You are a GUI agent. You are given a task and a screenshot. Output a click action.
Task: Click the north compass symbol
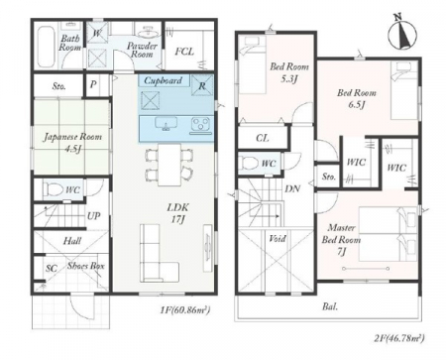point(402,33)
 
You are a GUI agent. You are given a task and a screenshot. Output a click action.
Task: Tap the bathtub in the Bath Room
point(46,47)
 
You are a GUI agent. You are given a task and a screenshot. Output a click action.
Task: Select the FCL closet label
point(184,52)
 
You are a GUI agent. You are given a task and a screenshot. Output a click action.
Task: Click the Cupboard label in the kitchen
point(164,80)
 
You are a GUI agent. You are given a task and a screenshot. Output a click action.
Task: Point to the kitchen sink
point(166,124)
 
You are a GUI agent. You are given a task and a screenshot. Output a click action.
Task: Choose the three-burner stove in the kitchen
point(200,126)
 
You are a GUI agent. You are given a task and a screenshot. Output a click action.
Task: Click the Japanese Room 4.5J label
point(72,142)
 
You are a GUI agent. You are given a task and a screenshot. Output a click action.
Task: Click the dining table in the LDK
point(168,165)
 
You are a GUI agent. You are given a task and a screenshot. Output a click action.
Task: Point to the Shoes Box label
point(86,266)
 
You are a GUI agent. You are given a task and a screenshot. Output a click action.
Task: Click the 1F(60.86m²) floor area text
point(185,310)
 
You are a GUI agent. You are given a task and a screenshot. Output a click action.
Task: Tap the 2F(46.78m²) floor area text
point(399,338)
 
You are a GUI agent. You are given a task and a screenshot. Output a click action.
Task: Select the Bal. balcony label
point(330,306)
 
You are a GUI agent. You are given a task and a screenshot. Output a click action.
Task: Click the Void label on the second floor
point(278,238)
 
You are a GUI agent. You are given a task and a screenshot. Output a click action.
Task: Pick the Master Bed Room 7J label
point(341,240)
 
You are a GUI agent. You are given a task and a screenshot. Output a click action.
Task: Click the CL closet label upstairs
point(263,138)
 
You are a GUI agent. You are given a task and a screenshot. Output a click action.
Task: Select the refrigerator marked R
point(202,85)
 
